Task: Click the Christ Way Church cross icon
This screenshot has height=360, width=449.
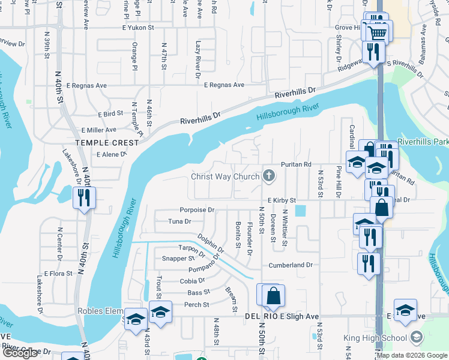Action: coord(269,176)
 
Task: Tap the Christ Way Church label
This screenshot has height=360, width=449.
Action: coord(225,176)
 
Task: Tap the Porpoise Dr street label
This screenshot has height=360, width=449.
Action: coord(197,210)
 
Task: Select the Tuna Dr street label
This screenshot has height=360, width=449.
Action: coord(179,221)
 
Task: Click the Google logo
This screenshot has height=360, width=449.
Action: coord(20,353)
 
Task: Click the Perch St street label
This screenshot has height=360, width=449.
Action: coord(197,305)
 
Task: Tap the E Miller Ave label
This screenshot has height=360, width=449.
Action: coord(98,130)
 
